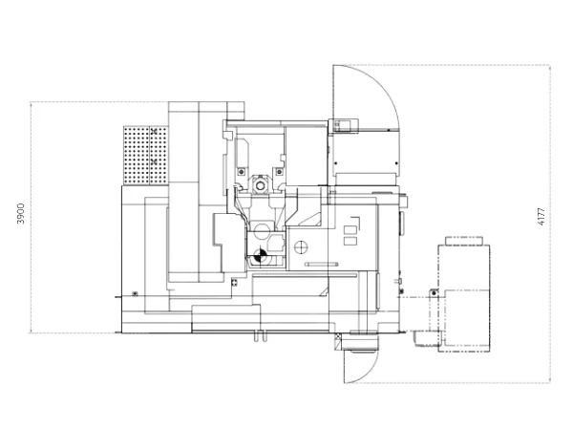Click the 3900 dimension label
21,213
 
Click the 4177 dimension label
541,216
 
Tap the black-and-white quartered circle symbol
259,255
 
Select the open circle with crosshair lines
301,247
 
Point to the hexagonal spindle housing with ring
260,185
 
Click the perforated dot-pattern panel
146,156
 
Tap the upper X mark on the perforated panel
154,131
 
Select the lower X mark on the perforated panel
154,161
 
